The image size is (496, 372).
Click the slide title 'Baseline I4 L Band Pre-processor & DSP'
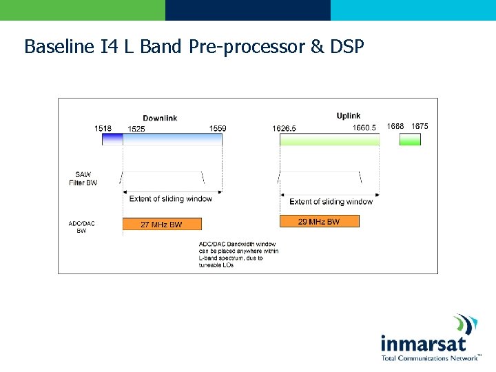pyautogui.click(x=194, y=47)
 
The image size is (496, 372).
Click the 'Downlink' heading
pyautogui.click(x=160, y=118)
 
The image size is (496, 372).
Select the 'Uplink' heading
pyautogui.click(x=349, y=116)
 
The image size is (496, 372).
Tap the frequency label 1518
pyautogui.click(x=103, y=128)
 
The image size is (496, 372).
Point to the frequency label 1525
pyautogui.click(x=136, y=129)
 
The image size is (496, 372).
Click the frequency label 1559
pyautogui.click(x=218, y=128)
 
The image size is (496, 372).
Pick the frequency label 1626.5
pyautogui.click(x=285, y=128)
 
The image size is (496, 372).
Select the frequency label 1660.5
pyautogui.click(x=364, y=127)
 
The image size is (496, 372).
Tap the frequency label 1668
pyautogui.click(x=395, y=126)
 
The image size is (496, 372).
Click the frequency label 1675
pyautogui.click(x=420, y=126)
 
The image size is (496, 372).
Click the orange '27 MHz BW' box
pyautogui.click(x=162, y=224)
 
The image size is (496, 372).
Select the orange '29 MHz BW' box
pyautogui.click(x=319, y=221)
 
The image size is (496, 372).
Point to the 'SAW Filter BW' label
pyautogui.click(x=83, y=178)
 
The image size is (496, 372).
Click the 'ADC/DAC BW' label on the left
pyautogui.click(x=81, y=227)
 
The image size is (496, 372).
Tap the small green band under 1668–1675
pyautogui.click(x=410, y=139)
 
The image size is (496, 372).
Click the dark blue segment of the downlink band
pyautogui.click(x=112, y=139)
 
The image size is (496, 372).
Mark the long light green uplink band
pyautogui.click(x=329, y=139)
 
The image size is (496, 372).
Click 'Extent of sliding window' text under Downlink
pyautogui.click(x=171, y=199)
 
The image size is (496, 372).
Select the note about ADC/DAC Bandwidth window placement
pyautogui.click(x=238, y=254)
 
